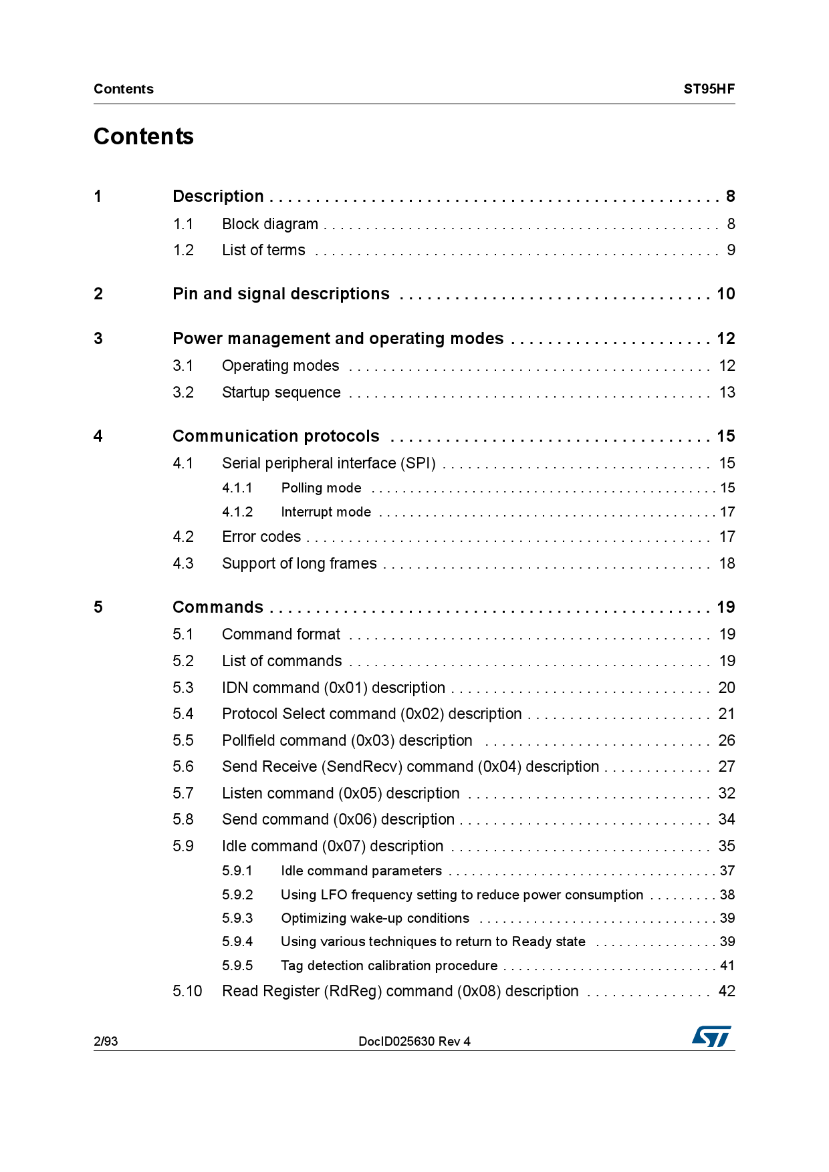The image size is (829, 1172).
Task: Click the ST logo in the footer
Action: point(711,1036)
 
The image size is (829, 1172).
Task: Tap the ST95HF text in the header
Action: point(709,89)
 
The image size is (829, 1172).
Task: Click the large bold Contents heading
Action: point(144,136)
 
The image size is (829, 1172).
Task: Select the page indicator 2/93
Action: point(106,1041)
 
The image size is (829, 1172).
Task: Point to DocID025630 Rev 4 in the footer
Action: point(414,1041)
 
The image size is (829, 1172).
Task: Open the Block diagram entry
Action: point(270,224)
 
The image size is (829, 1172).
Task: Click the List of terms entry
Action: point(263,250)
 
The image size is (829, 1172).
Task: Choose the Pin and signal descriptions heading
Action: point(281,294)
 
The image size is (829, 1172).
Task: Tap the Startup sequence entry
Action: point(281,392)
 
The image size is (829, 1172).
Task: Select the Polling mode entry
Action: point(321,488)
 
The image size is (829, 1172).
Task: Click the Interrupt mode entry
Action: point(326,512)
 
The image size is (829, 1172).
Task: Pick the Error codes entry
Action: point(261,537)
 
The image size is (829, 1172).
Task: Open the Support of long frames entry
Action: point(299,563)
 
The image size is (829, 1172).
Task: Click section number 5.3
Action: point(183,688)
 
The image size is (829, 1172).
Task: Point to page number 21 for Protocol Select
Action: point(726,714)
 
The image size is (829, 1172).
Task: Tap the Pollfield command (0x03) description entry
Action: point(347,740)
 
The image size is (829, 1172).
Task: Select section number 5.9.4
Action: point(237,941)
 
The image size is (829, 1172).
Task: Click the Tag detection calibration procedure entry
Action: point(389,966)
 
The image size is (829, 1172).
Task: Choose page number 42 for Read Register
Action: point(726,991)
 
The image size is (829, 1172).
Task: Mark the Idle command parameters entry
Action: point(361,871)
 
